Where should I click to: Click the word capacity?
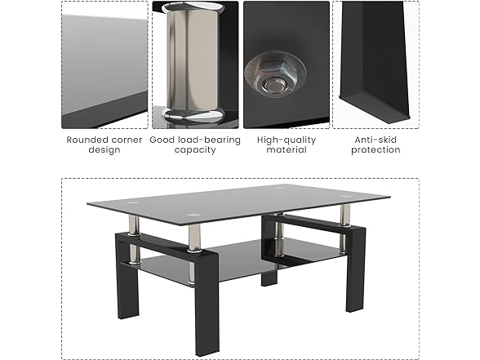[195, 150]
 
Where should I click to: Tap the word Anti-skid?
[376, 140]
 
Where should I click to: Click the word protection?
[376, 150]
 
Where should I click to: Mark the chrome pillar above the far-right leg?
[345, 216]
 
